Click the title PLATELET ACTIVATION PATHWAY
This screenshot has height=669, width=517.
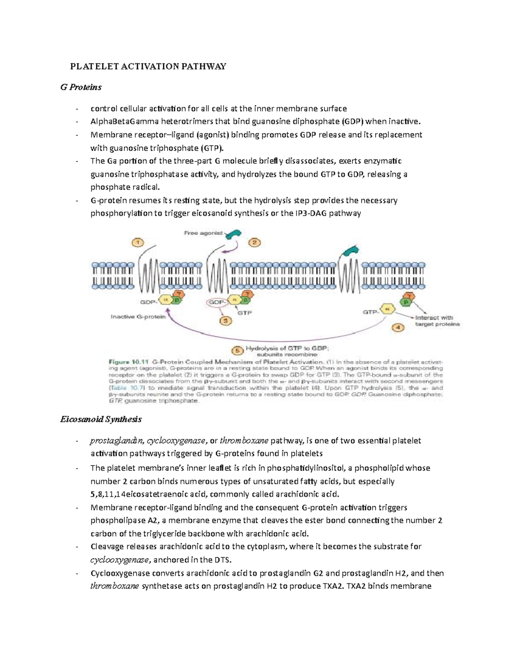pos(148,66)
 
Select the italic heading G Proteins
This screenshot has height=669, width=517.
pos(81,87)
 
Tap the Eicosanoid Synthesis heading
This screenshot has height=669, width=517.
pos(101,419)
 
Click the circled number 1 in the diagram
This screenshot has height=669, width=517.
pos(138,243)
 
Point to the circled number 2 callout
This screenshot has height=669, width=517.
pos(254,243)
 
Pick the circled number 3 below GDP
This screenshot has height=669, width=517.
pos(225,320)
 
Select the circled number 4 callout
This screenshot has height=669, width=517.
pos(398,327)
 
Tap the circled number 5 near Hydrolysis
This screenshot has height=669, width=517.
pos(235,350)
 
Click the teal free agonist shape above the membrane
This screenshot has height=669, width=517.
pos(234,234)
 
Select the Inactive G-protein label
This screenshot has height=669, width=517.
pos(138,317)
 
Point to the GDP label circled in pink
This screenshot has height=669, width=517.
pos(216,302)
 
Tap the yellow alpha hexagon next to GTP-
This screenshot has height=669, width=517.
pos(389,308)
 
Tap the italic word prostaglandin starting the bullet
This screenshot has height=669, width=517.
pos(117,441)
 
